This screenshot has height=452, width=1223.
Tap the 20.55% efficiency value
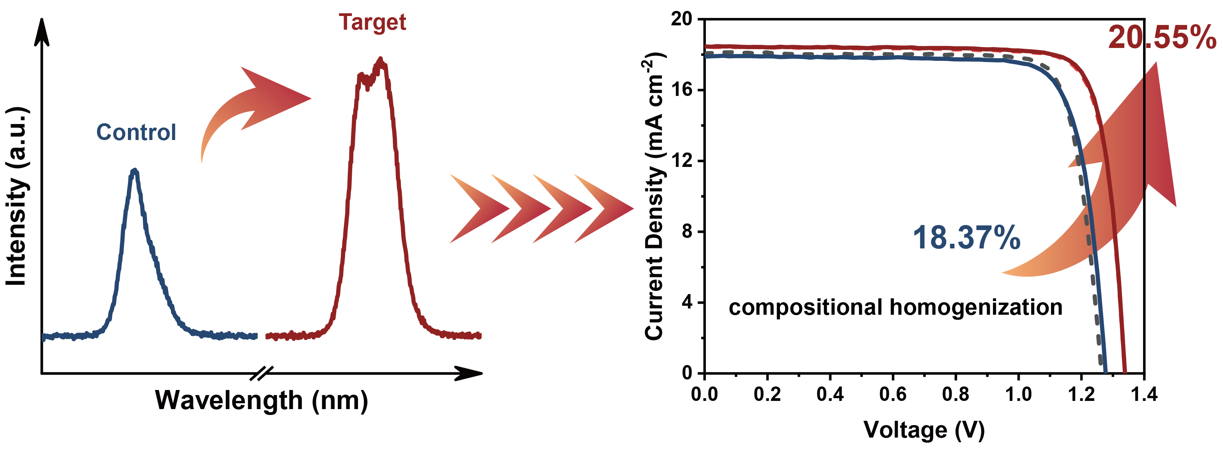point(1162,37)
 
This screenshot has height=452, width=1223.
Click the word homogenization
point(976,307)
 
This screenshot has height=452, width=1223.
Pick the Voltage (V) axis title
point(924,430)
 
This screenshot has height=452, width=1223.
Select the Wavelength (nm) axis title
point(262,400)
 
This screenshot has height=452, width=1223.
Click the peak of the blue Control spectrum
point(135,171)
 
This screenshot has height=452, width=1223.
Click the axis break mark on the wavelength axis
point(262,374)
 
